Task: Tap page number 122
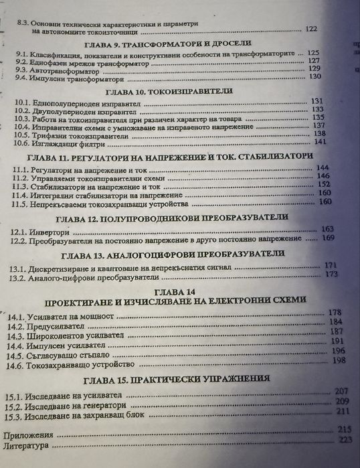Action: click(x=311, y=29)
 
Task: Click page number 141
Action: click(x=319, y=141)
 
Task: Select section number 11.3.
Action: click(x=19, y=185)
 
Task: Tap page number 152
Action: click(x=324, y=184)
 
